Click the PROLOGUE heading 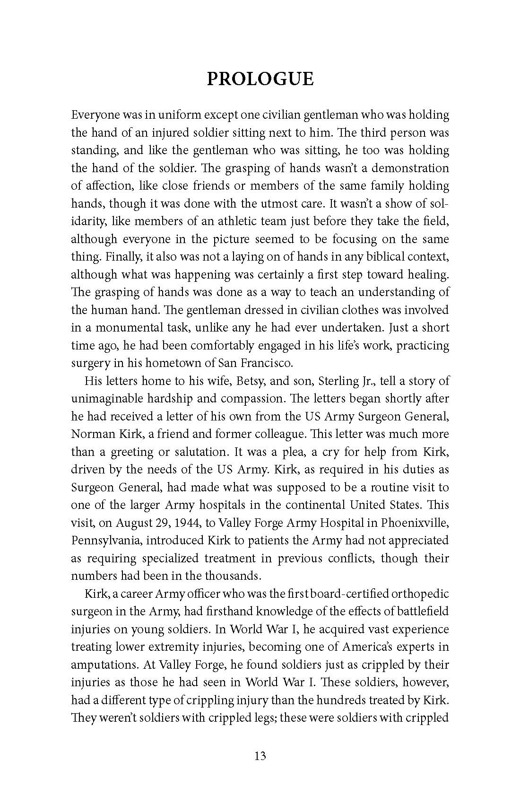coord(260,79)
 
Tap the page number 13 coord(260,756)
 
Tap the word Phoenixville coord(410,523)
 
